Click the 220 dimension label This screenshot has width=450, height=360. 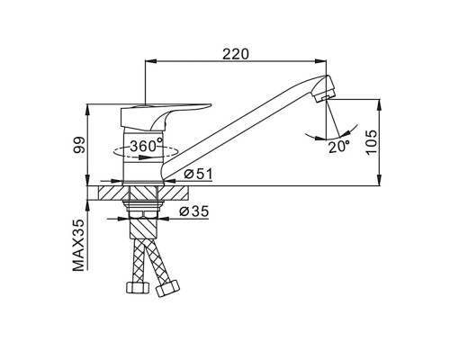[236, 54]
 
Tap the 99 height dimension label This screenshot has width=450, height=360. [79, 146]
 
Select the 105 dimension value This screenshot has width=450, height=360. [371, 142]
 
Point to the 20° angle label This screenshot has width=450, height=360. [339, 147]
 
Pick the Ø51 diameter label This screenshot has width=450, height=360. [198, 174]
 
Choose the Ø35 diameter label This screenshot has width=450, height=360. [193, 211]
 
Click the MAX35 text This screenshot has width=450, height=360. [78, 245]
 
